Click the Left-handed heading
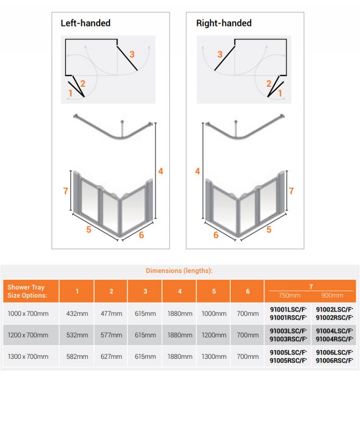[85, 23]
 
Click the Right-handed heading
[224, 23]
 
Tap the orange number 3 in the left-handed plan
[132, 54]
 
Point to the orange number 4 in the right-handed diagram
[198, 171]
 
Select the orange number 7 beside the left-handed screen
[65, 191]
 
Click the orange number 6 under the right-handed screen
[216, 235]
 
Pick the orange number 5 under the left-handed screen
[89, 230]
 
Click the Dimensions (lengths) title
[179, 271]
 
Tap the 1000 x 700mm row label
[28, 313]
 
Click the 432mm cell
[77, 313]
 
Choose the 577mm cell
[111, 335]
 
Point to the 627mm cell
[111, 356]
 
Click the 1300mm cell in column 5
[214, 356]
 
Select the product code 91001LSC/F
[288, 309]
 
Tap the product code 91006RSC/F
[334, 361]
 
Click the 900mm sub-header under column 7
[332, 295]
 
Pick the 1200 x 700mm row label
[28, 335]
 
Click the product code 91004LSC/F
[334, 331]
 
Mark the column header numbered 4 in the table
[180, 291]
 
